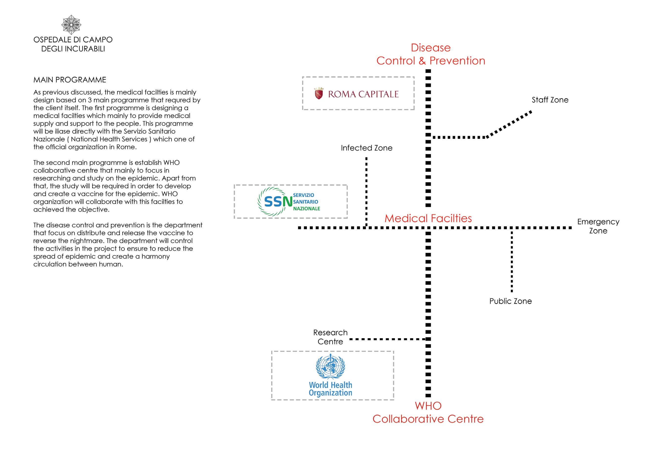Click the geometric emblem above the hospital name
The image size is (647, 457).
71,25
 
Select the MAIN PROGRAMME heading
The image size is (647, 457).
70,80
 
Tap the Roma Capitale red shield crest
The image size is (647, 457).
319,94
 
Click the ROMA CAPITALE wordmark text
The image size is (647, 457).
363,94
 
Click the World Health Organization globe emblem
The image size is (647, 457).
330,366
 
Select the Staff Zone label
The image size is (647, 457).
550,100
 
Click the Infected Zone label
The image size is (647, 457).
366,148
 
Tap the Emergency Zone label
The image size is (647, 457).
598,226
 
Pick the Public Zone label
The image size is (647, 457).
510,301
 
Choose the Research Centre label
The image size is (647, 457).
330,337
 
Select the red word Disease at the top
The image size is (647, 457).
431,48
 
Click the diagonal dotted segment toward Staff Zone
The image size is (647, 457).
509,124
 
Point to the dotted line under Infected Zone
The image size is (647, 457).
366,191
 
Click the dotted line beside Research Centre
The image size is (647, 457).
388,339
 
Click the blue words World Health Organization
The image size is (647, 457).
330,389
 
